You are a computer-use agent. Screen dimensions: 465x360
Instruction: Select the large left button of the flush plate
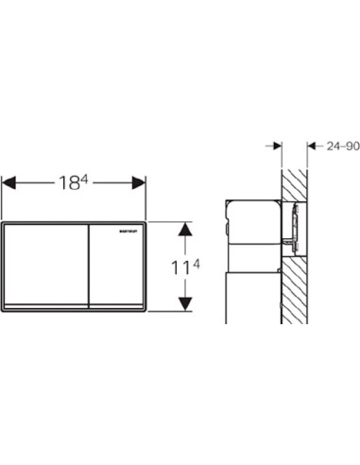click(46, 265)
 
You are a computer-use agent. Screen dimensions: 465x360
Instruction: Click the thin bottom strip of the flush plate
click(75, 309)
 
